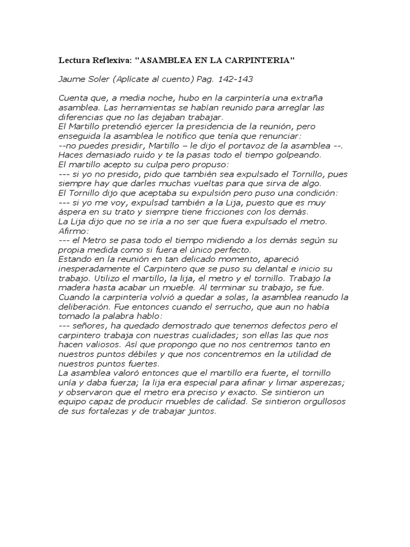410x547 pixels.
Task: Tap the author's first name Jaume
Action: (x=72, y=79)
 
